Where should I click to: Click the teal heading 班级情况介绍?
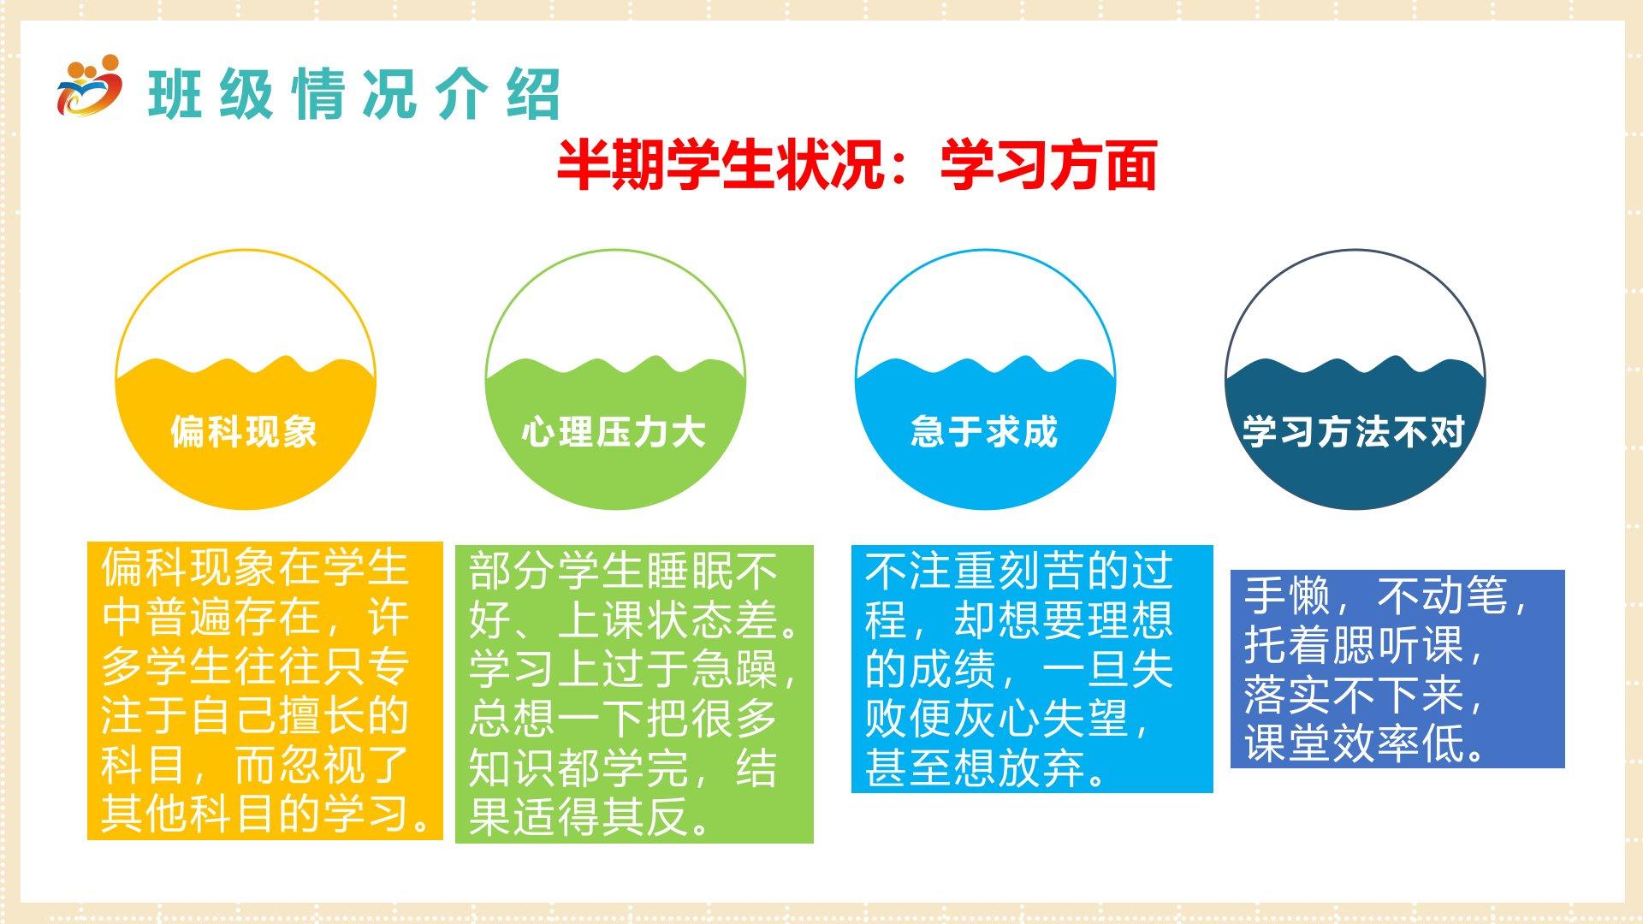354,93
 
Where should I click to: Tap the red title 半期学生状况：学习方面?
857,165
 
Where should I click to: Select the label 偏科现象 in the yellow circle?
244,431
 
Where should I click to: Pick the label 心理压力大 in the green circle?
614,431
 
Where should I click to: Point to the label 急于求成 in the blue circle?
984,431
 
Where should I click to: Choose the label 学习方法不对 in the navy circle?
1354,431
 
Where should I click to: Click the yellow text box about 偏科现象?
265,690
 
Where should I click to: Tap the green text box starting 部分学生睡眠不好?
634,694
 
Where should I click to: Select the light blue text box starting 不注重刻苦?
1032,669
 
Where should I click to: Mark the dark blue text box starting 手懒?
1397,669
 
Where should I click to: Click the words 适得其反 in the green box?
601,817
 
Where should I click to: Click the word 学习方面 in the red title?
1049,165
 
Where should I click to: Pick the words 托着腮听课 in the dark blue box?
1355,645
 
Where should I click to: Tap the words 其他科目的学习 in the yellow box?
254,814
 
